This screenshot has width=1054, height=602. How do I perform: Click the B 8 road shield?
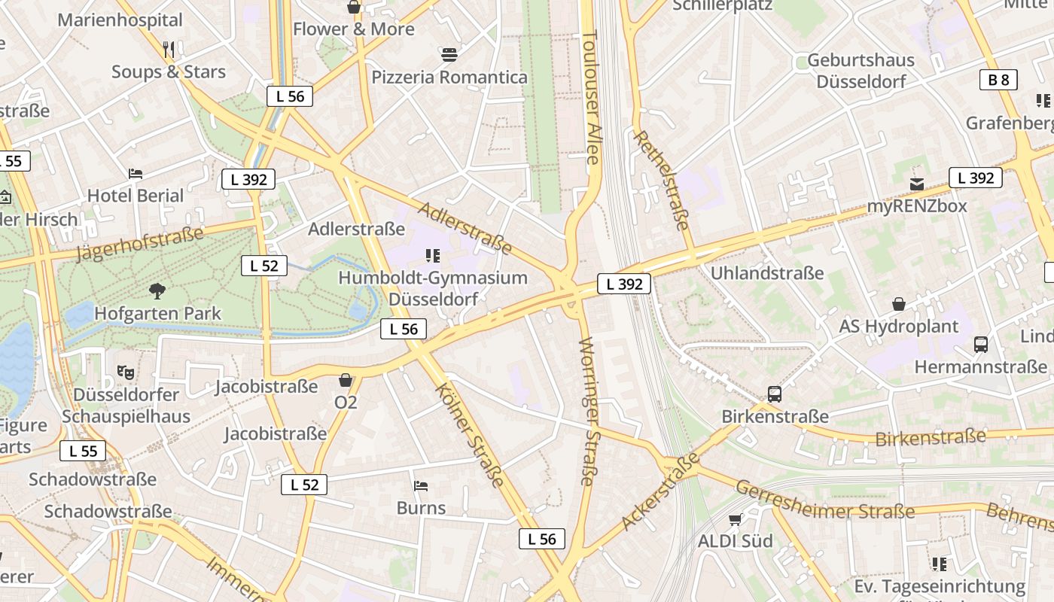click(998, 80)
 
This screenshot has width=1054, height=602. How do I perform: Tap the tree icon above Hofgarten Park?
click(157, 291)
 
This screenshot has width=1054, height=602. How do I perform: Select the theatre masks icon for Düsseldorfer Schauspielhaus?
click(126, 372)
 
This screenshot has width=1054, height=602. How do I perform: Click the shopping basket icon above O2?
click(346, 380)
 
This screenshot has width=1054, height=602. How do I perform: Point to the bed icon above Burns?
click(421, 486)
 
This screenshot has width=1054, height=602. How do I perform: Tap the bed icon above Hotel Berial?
click(136, 174)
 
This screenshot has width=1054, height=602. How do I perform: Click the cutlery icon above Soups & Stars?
click(169, 50)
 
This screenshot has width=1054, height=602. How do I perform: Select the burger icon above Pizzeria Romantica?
click(449, 55)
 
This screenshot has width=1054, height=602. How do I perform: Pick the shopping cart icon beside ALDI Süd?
click(736, 519)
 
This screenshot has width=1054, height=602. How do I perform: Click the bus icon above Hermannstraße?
click(981, 345)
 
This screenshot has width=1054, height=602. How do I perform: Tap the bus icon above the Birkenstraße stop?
click(775, 394)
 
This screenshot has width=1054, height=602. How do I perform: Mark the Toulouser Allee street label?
click(592, 98)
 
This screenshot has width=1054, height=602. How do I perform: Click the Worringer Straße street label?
click(589, 411)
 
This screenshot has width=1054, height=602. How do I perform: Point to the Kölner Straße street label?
click(471, 435)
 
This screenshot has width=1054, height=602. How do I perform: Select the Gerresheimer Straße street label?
click(824, 502)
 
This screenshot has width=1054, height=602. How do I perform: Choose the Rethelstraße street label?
click(663, 179)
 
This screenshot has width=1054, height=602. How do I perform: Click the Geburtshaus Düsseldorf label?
click(861, 70)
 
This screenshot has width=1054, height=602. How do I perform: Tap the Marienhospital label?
click(120, 20)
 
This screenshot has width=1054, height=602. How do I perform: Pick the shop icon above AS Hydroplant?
click(899, 304)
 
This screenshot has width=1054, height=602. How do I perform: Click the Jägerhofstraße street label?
click(140, 244)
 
